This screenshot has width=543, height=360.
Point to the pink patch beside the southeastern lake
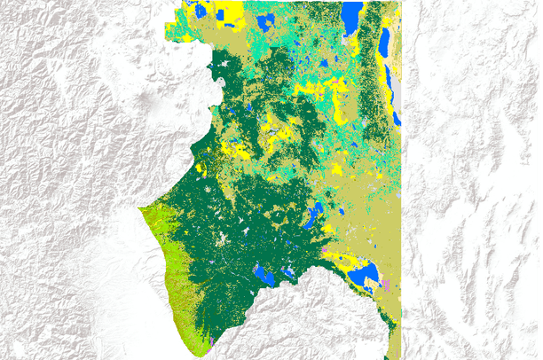click(386, 285)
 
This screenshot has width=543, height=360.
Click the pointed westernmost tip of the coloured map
click(139, 209)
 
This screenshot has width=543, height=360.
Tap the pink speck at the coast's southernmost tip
click(212, 341)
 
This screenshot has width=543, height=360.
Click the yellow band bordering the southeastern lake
click(346, 262)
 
